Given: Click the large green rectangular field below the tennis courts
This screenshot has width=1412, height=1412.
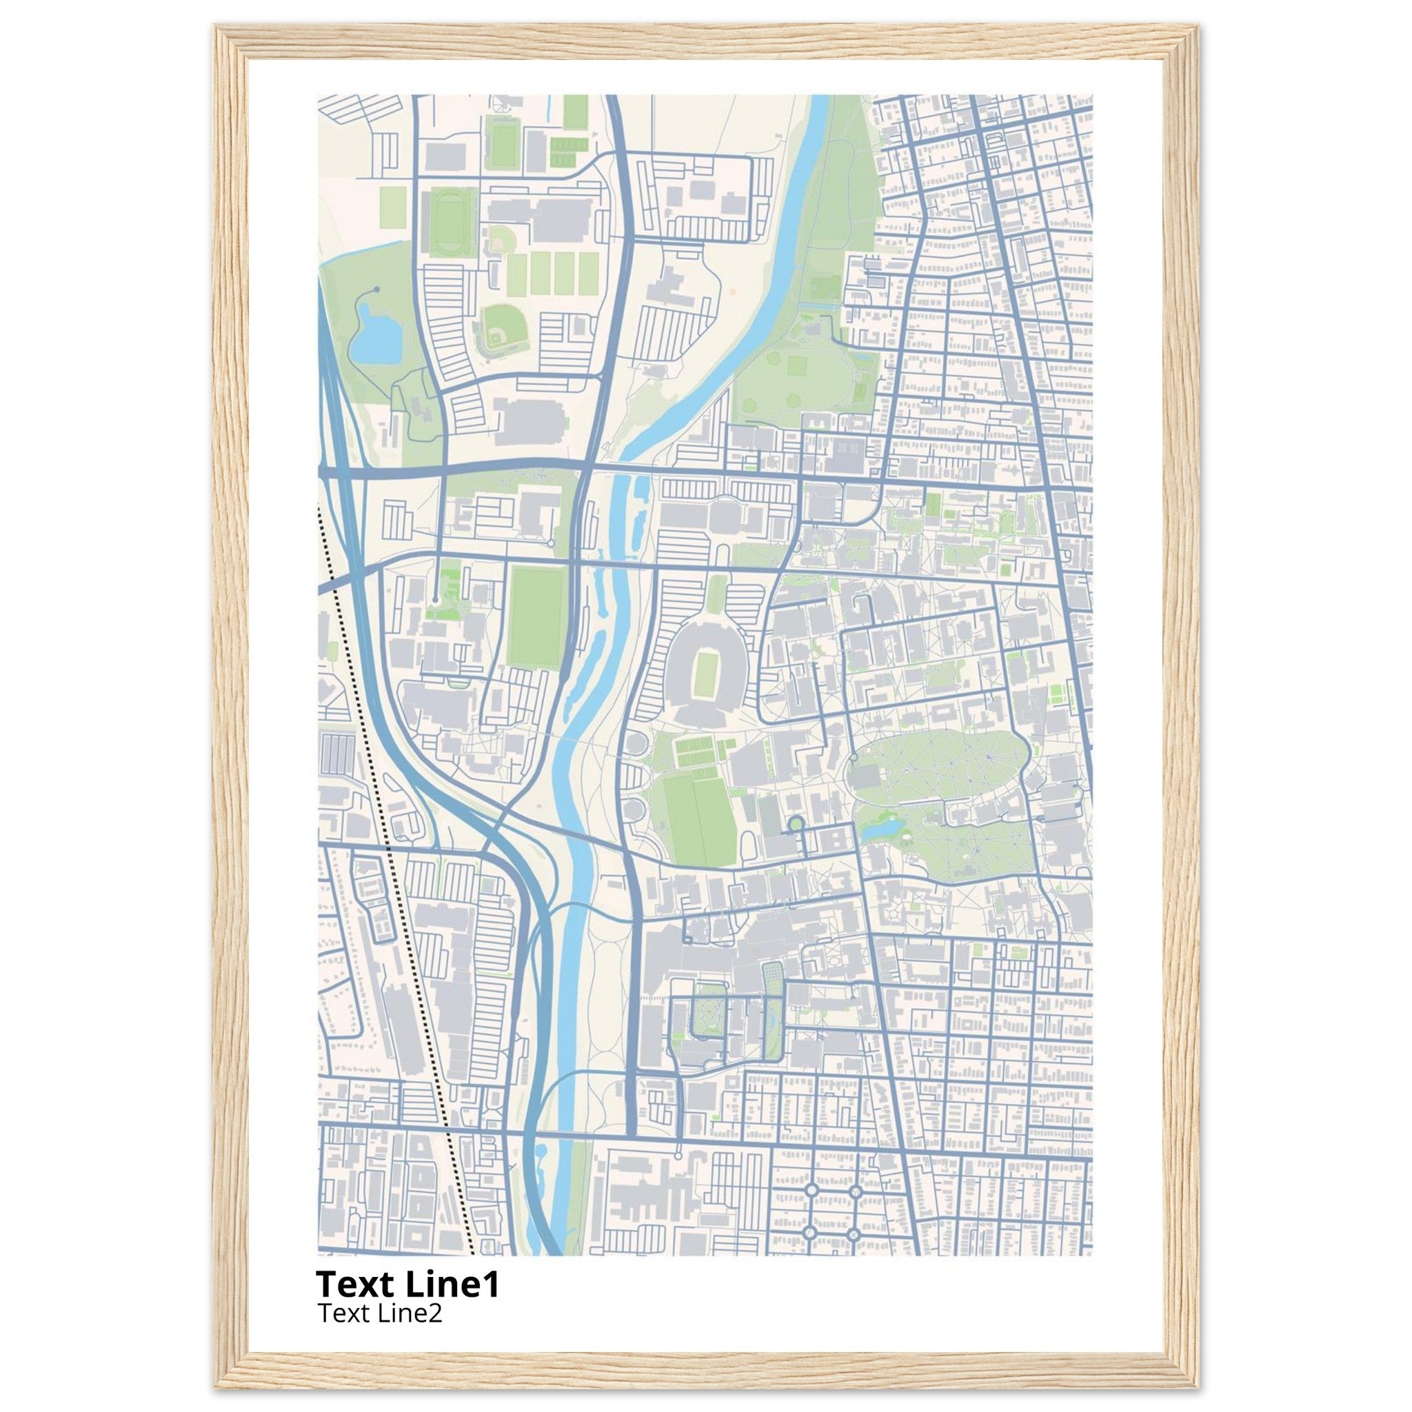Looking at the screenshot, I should point(698,818).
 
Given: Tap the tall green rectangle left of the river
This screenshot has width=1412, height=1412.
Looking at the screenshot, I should point(538,617).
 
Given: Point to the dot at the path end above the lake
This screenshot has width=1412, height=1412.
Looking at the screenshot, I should point(376,290).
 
